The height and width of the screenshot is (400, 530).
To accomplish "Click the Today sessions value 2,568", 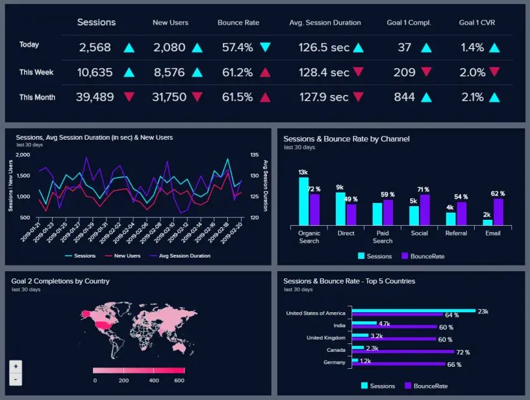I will tap(95, 47).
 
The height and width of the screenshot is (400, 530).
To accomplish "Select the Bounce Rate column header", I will tap(238, 23).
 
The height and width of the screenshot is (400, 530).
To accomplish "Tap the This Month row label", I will tap(37, 98).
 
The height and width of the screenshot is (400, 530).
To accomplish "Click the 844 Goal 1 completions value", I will tap(404, 98).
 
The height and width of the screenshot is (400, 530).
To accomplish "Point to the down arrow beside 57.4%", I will tap(265, 47).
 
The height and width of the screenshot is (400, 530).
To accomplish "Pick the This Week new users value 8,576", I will tap(170, 73).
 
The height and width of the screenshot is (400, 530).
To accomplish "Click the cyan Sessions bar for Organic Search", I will tap(303, 201).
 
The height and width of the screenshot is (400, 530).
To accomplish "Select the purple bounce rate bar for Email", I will tap(499, 211).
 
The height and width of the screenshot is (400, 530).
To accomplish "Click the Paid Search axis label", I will tap(383, 237).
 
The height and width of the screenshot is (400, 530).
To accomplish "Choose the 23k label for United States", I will tap(483, 312).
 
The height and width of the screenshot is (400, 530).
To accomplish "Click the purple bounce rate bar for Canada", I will tap(403, 352).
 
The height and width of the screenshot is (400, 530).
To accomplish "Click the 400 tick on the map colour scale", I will tap(154, 380).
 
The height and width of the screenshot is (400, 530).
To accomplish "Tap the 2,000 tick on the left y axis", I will tap(22, 155).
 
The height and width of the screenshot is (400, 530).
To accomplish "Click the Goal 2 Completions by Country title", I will tap(60, 281).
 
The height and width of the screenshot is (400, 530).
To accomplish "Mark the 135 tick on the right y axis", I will tap(254, 155).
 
